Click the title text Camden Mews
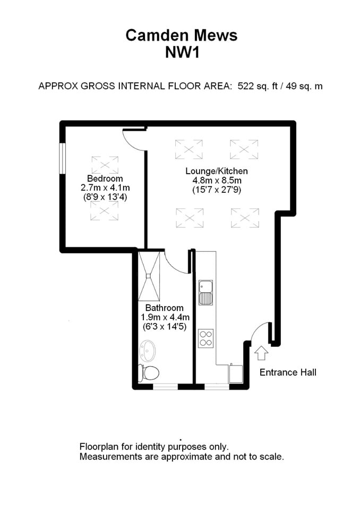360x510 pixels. (x=181, y=35)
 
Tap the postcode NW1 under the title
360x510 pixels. (x=181, y=52)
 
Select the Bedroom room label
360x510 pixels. (x=105, y=178)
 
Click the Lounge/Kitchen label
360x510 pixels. (x=216, y=171)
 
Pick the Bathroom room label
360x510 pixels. (x=164, y=308)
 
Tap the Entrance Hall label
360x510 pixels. (x=287, y=372)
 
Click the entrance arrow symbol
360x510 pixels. (x=261, y=352)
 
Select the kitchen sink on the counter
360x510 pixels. (x=205, y=292)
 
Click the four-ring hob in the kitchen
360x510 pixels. (x=205, y=338)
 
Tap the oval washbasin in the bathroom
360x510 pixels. (x=147, y=351)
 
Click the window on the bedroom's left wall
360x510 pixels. (x=62, y=158)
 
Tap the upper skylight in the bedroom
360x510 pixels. (x=105, y=165)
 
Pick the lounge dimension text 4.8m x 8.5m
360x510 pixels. (x=216, y=181)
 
